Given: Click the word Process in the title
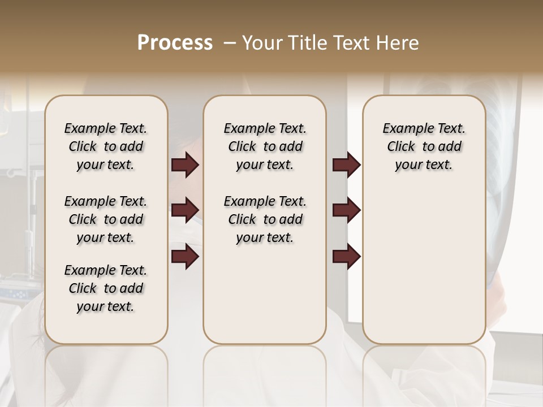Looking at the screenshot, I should click(x=175, y=43).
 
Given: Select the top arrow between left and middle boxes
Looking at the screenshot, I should click(x=185, y=165).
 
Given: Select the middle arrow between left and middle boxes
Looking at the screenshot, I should click(x=185, y=211).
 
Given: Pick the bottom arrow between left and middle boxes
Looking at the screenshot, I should click(x=185, y=257).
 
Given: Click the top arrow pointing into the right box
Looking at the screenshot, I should click(x=346, y=165).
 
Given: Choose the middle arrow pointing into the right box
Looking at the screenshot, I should click(x=346, y=211).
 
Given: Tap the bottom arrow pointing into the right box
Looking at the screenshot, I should click(x=346, y=257).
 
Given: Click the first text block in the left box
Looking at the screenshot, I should click(x=106, y=146).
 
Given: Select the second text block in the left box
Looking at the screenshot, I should click(x=106, y=219).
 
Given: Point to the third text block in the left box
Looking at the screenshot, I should click(x=106, y=288).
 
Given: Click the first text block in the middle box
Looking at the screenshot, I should click(x=265, y=146).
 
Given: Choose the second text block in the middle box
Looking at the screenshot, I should click(x=265, y=219).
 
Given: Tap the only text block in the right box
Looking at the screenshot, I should click(x=424, y=146).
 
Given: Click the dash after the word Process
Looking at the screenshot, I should click(x=230, y=44).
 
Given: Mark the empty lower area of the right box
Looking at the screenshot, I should click(x=424, y=266).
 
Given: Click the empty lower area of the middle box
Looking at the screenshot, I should click(x=265, y=294).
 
